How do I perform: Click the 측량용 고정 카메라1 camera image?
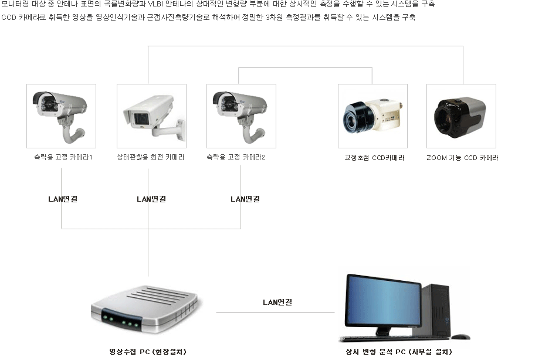tap(61, 116)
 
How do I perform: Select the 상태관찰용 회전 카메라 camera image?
tap(151, 116)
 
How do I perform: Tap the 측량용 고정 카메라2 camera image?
tap(241, 116)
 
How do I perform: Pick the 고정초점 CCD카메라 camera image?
tap(372, 116)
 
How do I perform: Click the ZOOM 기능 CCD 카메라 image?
tap(461, 116)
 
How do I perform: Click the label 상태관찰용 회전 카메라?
tap(151, 158)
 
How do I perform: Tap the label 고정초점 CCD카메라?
tap(374, 158)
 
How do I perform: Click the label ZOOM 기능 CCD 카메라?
tap(462, 158)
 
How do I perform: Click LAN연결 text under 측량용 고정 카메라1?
tap(63, 199)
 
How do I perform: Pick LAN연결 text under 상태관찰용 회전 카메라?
tap(151, 199)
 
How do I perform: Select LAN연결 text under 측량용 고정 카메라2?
tap(245, 199)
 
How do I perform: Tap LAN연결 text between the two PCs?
tap(277, 303)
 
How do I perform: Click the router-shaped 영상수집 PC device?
tap(145, 310)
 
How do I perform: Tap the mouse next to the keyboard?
tap(460, 337)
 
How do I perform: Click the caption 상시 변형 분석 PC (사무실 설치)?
tap(399, 352)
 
